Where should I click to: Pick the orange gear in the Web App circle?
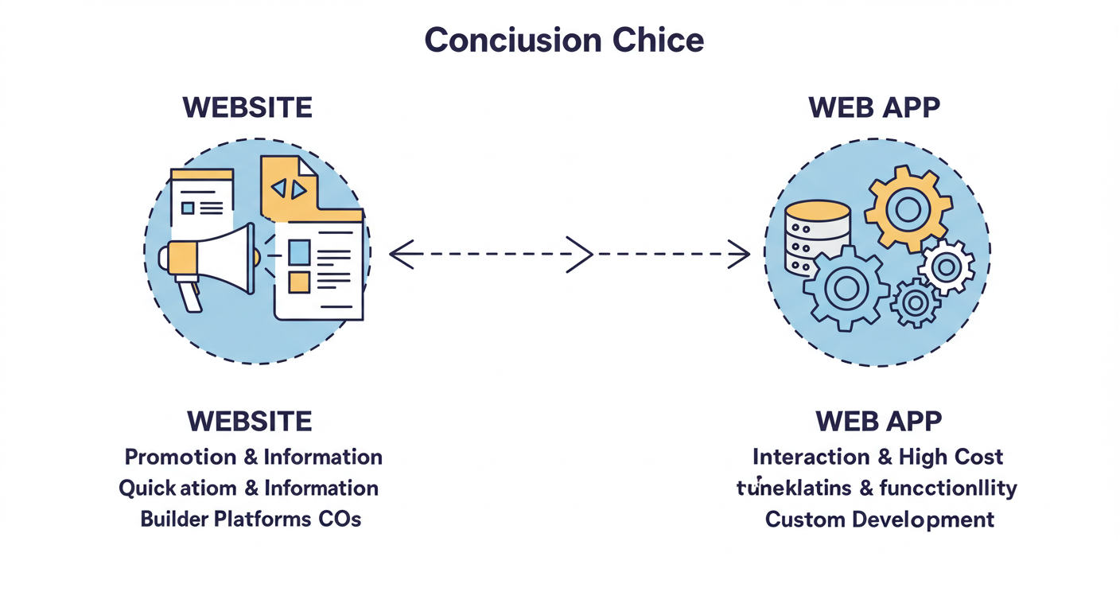(x=908, y=209)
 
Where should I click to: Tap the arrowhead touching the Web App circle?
(x=739, y=255)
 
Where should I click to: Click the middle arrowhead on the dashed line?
(x=581, y=255)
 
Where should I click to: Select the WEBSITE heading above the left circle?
(x=247, y=107)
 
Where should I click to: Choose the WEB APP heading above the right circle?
(x=874, y=107)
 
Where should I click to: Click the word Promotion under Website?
(x=181, y=457)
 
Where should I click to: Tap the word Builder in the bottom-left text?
(x=174, y=520)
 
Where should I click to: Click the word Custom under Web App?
(x=805, y=520)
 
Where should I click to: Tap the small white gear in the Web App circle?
(x=946, y=267)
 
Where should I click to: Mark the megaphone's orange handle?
(x=189, y=294)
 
